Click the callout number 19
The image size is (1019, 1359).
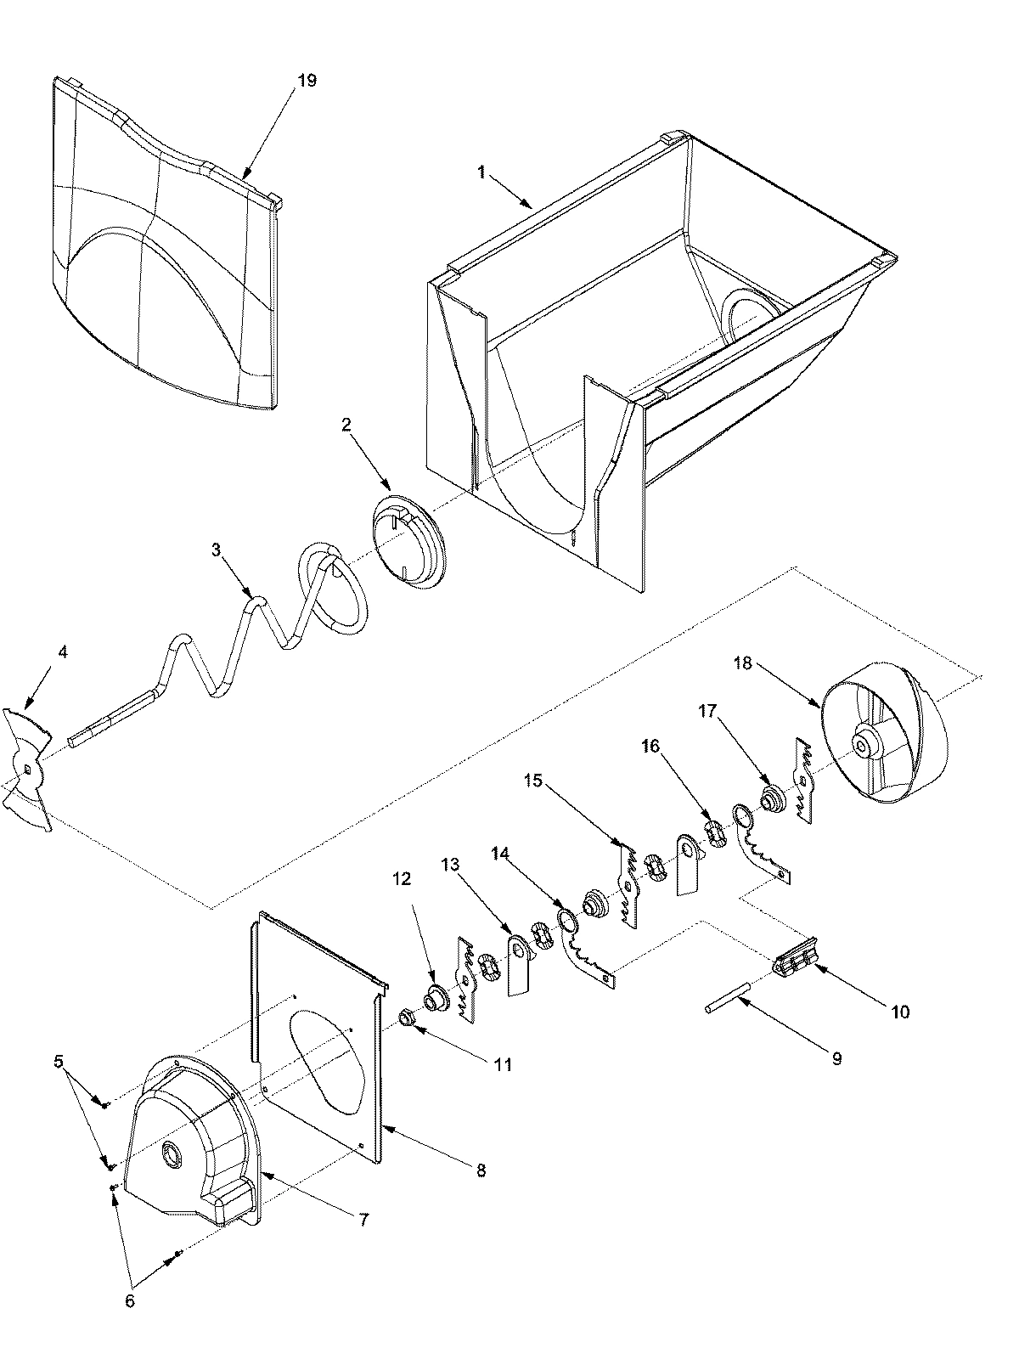coord(307,81)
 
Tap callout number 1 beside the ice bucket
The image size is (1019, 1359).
coord(481,172)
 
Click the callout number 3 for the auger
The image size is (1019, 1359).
coord(217,550)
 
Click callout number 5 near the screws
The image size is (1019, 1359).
coord(58,1061)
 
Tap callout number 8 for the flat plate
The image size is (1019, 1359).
coord(481,1170)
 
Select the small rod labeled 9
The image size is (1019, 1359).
coord(727,997)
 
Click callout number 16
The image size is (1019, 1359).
coord(650,745)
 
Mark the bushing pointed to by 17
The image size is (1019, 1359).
coord(774,801)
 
